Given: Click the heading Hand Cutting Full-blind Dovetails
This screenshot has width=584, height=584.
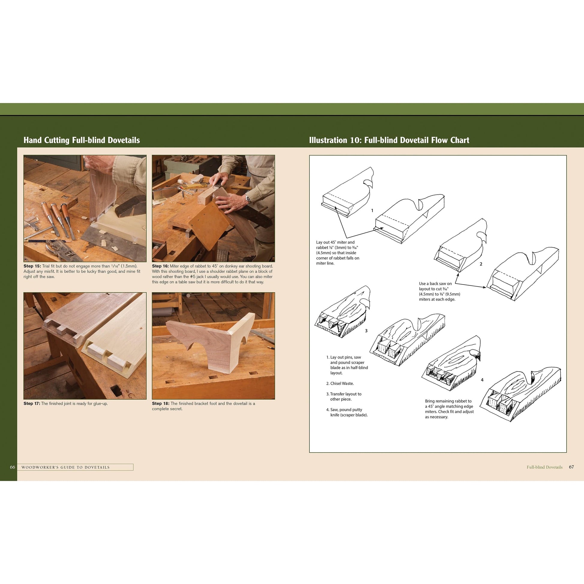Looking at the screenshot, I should point(82,140).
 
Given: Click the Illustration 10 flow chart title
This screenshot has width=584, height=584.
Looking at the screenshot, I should point(389,140).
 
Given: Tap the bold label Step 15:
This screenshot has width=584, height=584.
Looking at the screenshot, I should point(32,266).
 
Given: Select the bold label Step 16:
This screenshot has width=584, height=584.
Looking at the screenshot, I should point(161,266).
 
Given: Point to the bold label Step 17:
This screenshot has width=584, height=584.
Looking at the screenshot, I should point(32,404).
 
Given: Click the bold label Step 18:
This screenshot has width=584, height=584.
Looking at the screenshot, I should point(161,404).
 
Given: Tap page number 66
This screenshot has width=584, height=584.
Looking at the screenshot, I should point(12,467).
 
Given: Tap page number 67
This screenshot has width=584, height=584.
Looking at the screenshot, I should point(571,467).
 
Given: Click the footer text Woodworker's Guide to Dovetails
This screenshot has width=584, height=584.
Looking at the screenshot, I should point(66,467).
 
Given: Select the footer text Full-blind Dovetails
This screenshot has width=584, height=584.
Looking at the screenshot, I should point(544,467).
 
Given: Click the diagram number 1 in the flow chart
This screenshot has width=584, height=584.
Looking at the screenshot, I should point(372,211).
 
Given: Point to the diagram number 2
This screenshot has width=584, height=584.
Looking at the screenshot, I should point(481,264).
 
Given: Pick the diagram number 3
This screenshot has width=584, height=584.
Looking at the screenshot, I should point(366,331).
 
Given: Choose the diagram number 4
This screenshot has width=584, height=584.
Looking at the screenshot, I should point(482,380).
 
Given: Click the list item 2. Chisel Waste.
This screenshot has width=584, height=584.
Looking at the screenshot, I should point(340,384).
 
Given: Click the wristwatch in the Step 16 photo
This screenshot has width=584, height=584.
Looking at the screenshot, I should point(248,199).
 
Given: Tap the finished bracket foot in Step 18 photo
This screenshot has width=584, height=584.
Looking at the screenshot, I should point(212,345).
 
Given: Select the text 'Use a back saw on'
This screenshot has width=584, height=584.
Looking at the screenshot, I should point(435,284).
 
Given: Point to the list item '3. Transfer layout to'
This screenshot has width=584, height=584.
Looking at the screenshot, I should point(344,394).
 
